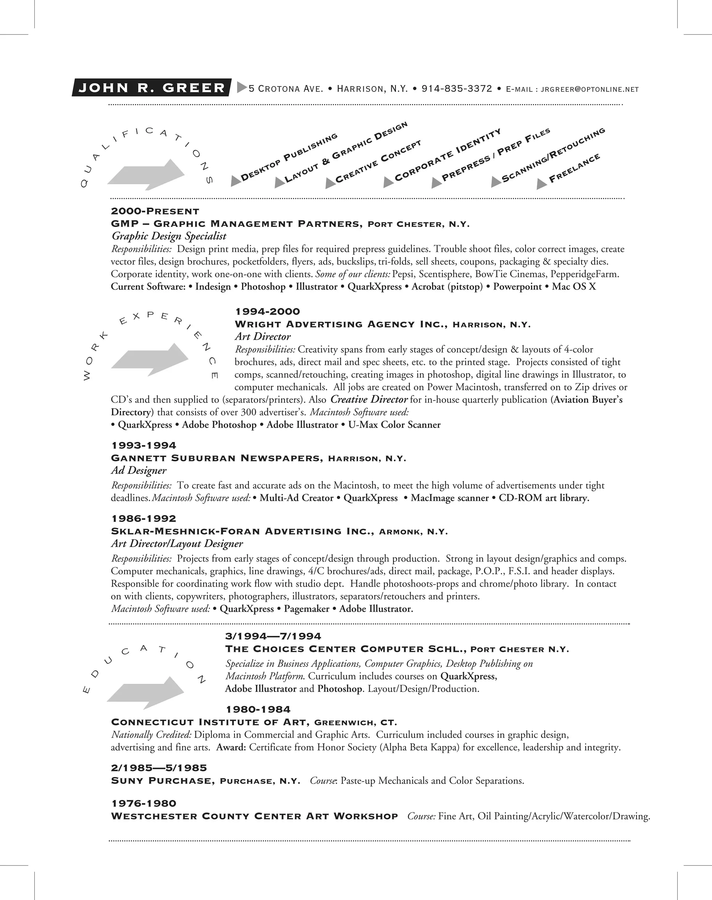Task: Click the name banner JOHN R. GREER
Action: (x=152, y=88)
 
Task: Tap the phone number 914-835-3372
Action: (x=456, y=89)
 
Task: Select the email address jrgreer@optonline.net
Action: (x=589, y=90)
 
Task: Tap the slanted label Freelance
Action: (x=574, y=168)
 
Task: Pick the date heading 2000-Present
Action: (x=155, y=211)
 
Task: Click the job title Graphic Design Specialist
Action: (x=169, y=236)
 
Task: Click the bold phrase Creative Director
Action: (x=369, y=400)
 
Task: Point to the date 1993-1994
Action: (x=144, y=445)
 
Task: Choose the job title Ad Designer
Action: (x=138, y=471)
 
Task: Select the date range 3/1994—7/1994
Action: (x=273, y=636)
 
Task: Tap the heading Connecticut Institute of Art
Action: (x=210, y=722)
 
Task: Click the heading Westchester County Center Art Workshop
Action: (x=254, y=816)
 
